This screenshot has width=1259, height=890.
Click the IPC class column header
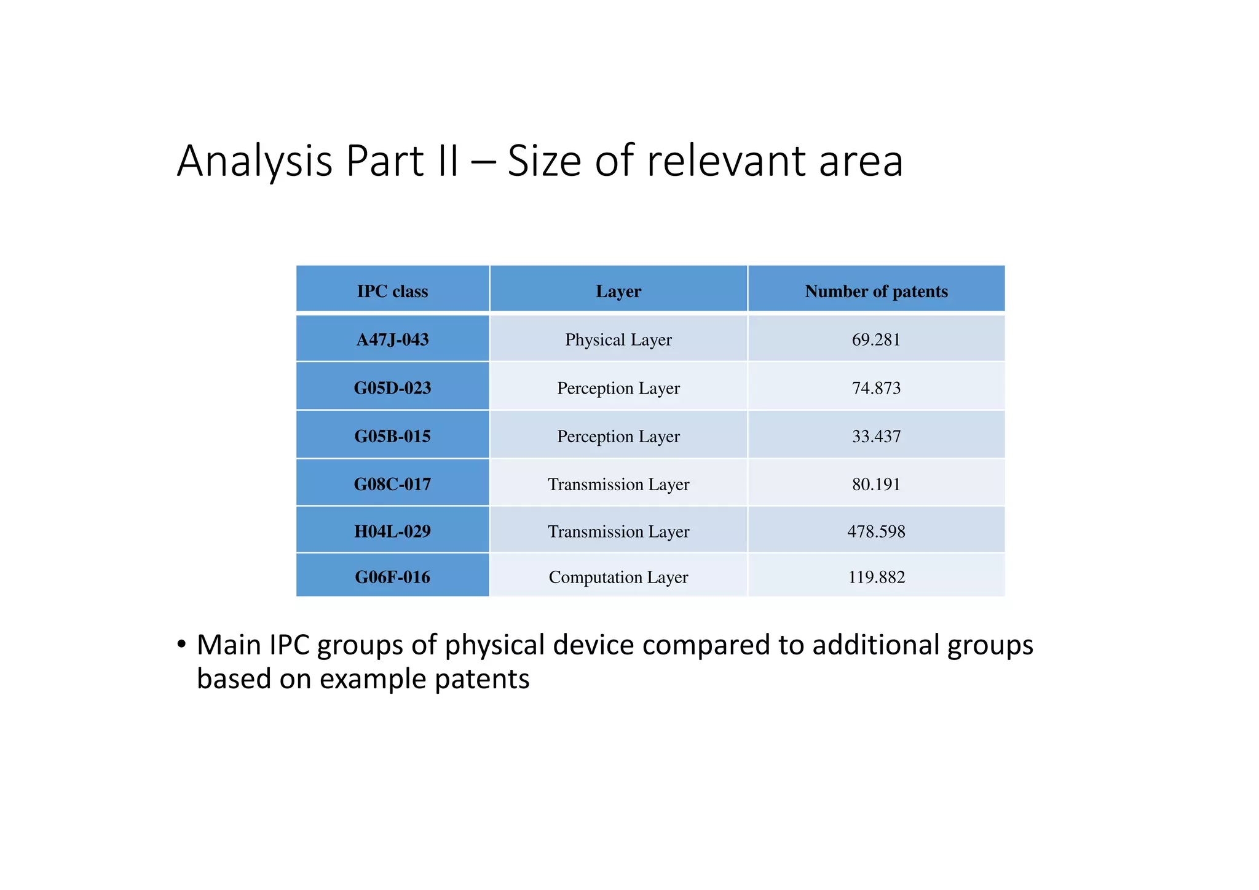392,291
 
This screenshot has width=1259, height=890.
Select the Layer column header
618,291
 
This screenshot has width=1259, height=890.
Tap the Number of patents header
876,291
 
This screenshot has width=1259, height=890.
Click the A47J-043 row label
392,340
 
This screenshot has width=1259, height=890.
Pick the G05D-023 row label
392,388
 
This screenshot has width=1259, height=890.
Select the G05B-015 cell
392,436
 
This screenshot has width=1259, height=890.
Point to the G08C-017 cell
392,484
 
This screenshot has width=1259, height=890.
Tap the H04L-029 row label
392,531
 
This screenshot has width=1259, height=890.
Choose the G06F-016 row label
392,577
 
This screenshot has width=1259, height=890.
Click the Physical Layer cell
618,340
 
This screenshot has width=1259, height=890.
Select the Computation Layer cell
618,577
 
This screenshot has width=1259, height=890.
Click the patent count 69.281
876,340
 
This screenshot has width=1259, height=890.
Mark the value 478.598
876,531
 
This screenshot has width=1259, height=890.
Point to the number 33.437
876,436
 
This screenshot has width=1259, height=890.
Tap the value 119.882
876,577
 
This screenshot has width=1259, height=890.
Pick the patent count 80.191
876,484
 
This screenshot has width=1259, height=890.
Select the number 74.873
876,388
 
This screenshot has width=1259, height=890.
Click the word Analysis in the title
255,161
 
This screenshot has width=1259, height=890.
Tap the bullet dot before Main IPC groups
181,645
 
